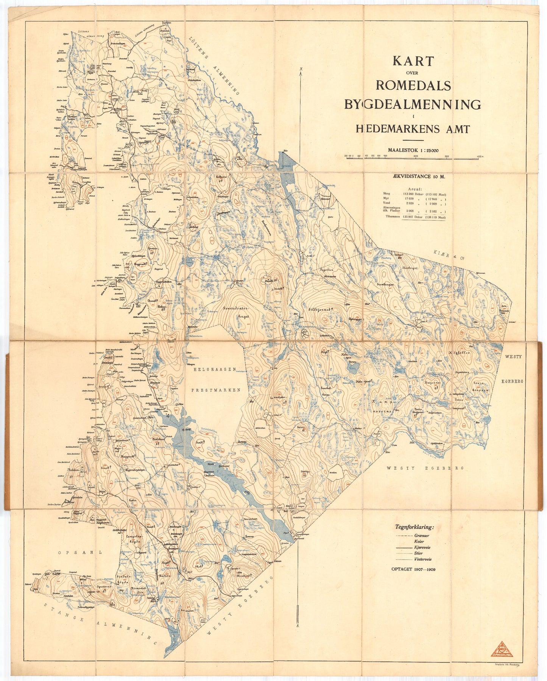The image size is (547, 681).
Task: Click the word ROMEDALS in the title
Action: (413, 86)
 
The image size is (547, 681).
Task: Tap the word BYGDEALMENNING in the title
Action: (412, 104)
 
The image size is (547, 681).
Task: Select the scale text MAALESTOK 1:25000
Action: (413, 150)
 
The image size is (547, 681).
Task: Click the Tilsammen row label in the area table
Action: (392, 217)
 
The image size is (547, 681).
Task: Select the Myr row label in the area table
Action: (386, 198)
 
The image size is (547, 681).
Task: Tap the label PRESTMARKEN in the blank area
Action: (215, 390)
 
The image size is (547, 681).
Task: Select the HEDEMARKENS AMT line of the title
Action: (413, 129)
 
